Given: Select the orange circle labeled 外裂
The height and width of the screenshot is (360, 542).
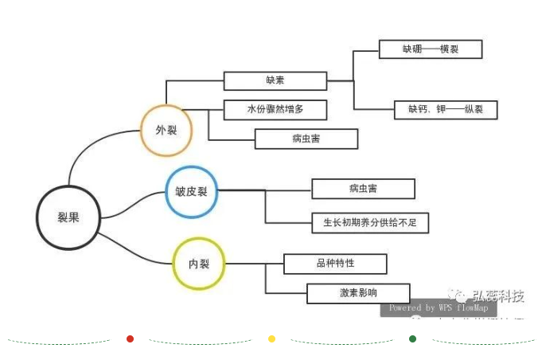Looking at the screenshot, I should tap(166, 130).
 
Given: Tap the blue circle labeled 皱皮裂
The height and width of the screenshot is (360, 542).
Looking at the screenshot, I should tap(191, 192).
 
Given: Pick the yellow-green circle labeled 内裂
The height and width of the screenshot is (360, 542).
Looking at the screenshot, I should tap(199, 264).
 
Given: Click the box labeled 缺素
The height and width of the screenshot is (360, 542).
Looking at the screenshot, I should tap(275, 80).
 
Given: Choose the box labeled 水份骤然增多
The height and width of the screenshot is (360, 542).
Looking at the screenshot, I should tap(275, 109).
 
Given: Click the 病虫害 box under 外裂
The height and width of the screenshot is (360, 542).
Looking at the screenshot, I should tap(306, 139).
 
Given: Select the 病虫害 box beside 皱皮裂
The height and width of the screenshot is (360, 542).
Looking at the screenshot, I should tap(363, 189).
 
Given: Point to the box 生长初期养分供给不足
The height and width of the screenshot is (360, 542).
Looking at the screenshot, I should tap(370, 223).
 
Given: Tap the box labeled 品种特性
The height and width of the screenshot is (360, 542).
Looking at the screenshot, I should tap(335, 264).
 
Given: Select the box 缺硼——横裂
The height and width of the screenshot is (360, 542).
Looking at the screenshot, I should tap(431, 49).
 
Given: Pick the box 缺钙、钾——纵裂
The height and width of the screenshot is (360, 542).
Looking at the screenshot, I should tap(446, 109).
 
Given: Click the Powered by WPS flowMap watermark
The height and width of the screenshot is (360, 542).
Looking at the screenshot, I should tap(439, 307).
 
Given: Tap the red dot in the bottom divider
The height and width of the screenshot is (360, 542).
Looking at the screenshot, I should tap(131, 339).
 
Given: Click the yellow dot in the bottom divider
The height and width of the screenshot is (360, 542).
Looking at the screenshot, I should tap(271, 339).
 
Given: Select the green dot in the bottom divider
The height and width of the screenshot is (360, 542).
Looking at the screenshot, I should tap(412, 339).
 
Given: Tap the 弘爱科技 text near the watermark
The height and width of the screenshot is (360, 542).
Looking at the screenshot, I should tap(497, 296).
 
